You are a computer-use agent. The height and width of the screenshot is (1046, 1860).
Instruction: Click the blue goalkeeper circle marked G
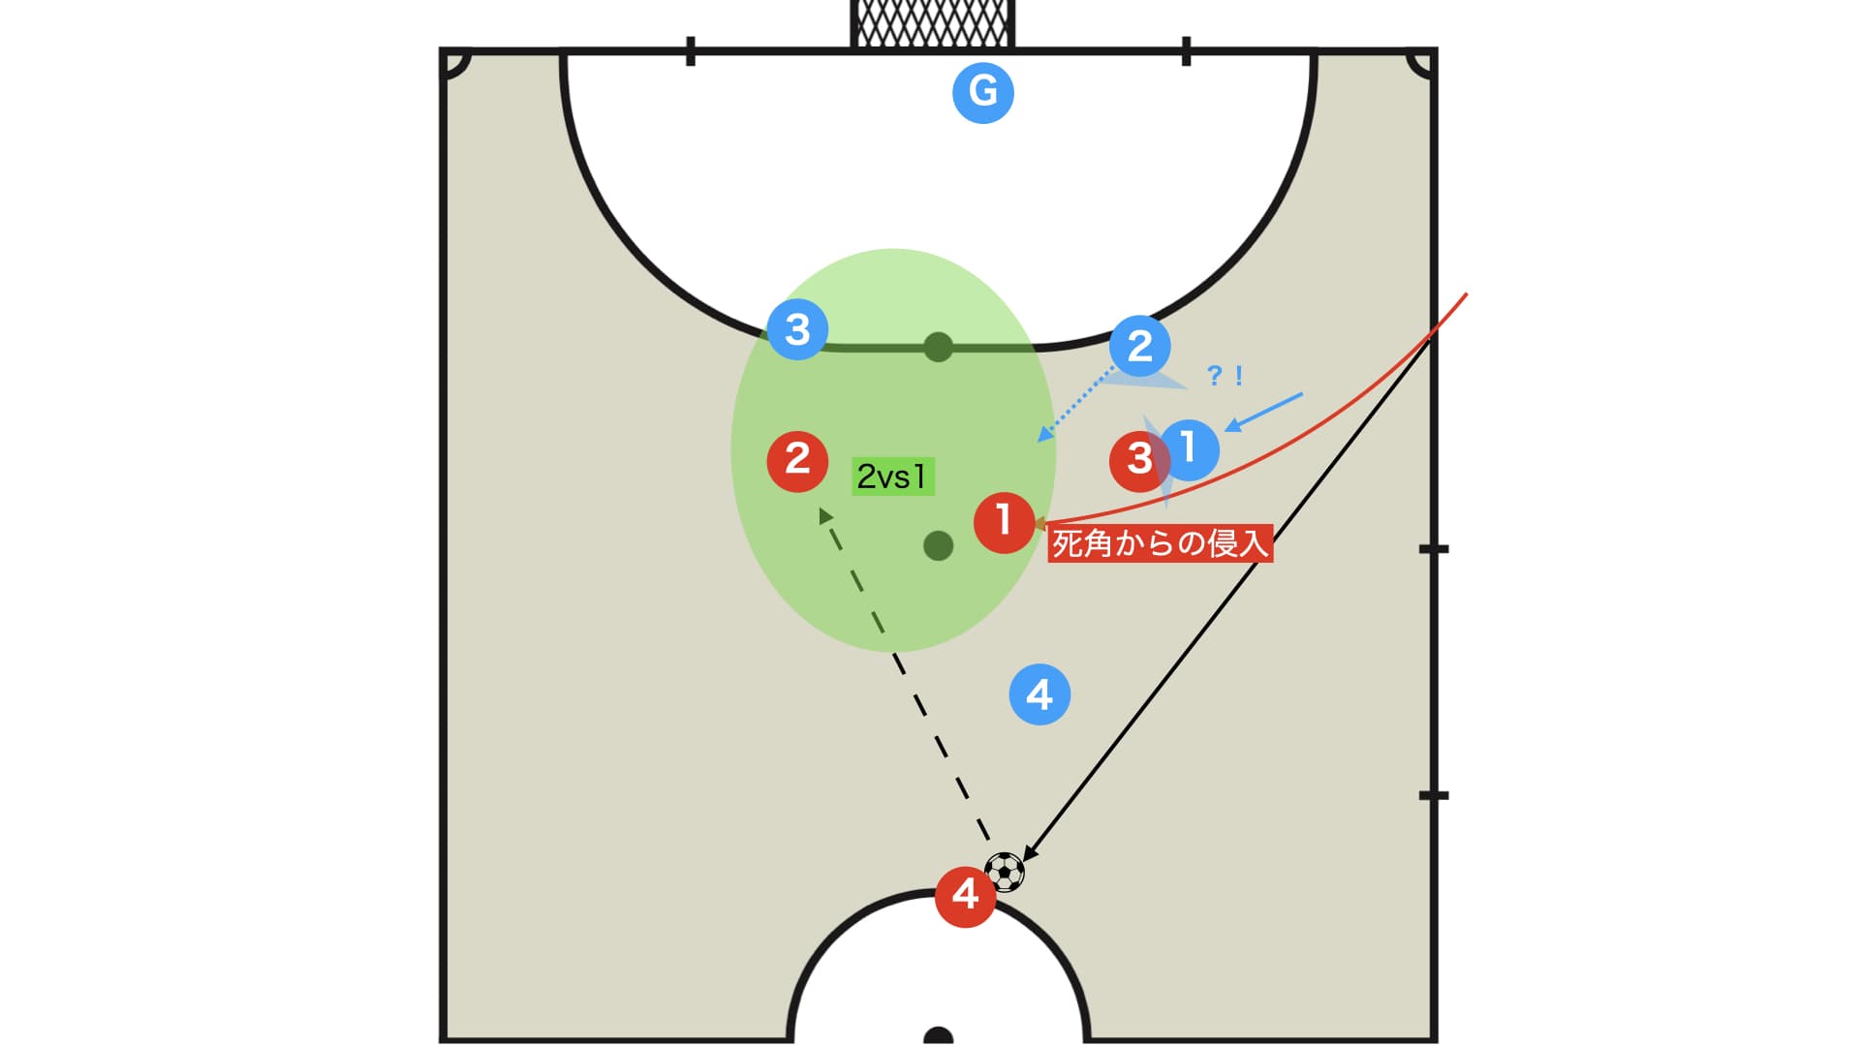click(983, 93)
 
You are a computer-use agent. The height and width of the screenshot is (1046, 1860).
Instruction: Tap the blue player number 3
click(797, 329)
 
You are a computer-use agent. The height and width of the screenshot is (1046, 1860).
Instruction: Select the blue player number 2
click(1140, 346)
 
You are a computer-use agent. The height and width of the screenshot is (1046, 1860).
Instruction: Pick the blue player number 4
click(1039, 694)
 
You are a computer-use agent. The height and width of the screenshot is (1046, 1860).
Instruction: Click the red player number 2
click(797, 460)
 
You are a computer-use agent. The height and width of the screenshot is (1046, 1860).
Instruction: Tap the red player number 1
click(1004, 523)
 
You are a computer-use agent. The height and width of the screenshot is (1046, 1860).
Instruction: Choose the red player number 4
click(965, 896)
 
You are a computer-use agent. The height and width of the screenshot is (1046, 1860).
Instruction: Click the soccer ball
click(1005, 872)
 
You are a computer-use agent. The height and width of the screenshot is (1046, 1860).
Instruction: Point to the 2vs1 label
click(892, 477)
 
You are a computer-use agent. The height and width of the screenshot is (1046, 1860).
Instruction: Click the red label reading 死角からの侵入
click(1160, 543)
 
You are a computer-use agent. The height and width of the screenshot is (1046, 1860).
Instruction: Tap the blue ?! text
click(1224, 376)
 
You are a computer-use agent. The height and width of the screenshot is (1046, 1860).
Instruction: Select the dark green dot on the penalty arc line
click(938, 347)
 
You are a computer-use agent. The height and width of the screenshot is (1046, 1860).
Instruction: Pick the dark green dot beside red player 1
click(938, 546)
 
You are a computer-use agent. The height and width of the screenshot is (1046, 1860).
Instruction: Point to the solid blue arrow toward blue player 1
click(1264, 413)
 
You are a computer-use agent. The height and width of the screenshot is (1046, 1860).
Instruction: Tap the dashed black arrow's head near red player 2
click(825, 516)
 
